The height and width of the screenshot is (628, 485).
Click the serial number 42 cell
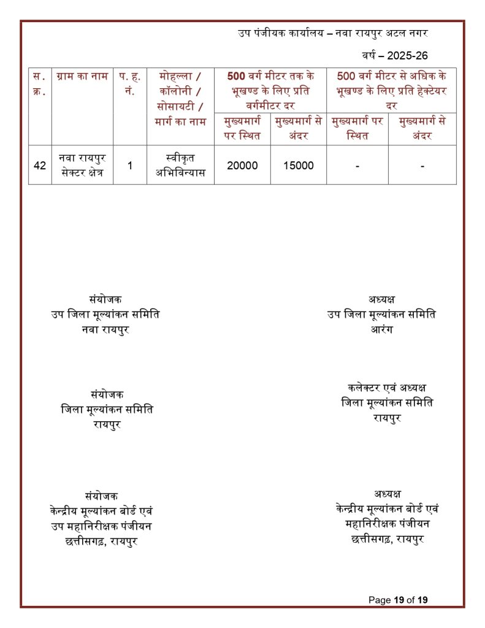[40, 165]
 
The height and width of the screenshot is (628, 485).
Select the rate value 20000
[242, 165]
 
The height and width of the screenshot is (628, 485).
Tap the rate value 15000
[299, 165]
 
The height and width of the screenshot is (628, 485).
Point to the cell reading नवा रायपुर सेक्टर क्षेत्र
[82, 165]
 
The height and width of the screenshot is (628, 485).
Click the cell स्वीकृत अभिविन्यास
[180, 165]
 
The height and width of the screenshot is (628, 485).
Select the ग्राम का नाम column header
[82, 77]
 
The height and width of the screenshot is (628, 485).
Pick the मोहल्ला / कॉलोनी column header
[180, 98]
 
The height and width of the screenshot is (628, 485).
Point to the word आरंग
[381, 329]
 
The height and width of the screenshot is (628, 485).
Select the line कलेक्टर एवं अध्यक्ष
[387, 388]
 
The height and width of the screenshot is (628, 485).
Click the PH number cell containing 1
[129, 165]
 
